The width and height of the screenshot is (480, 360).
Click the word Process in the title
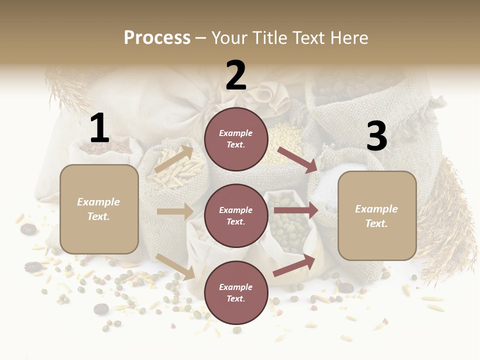tap(157, 37)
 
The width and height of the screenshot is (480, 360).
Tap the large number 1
tap(99, 128)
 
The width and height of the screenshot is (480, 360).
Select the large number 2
tap(236, 75)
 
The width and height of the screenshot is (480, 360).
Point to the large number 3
tap(376, 136)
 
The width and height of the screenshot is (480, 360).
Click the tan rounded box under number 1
tap(99, 209)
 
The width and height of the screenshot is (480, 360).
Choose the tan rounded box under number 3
tap(377, 216)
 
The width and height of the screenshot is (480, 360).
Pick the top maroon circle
tap(236, 139)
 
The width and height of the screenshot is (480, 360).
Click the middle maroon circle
tap(236, 216)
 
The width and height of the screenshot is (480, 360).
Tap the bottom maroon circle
tap(236, 293)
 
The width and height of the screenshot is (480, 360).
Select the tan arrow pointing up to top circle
tap(174, 159)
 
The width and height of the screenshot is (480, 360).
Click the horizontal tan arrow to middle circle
tap(175, 211)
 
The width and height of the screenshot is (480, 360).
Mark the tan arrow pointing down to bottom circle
tap(175, 266)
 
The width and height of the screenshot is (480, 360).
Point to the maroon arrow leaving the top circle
tap(298, 159)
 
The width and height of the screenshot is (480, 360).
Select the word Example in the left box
tap(98, 202)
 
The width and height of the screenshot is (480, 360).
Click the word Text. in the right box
tap(376, 223)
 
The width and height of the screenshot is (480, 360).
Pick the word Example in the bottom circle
tap(236, 287)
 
